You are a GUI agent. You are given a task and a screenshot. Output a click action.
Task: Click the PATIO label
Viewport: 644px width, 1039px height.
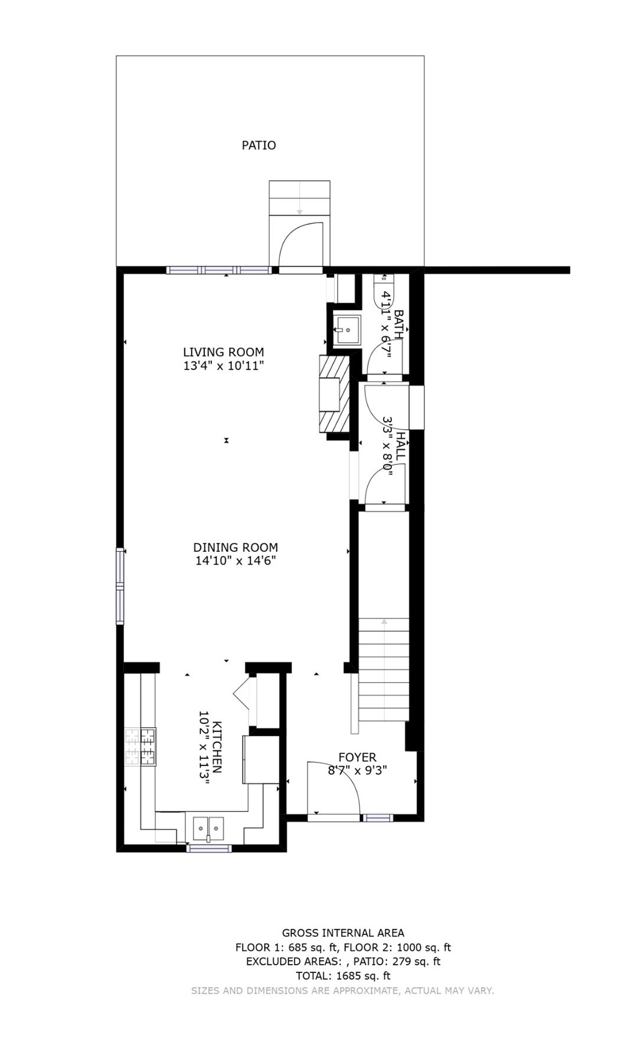259,145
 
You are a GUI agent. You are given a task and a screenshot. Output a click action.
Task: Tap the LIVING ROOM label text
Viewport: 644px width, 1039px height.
223,353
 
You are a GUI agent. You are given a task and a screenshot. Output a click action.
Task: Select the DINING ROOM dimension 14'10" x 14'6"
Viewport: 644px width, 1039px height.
236,561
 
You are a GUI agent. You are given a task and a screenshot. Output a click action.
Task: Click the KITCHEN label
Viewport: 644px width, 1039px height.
217,747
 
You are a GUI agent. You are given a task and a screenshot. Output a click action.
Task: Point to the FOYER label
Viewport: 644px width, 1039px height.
357,757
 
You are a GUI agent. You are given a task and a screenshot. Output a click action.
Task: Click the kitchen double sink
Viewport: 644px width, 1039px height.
208,828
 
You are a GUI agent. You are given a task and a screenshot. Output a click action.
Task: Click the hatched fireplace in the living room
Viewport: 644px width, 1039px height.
335,393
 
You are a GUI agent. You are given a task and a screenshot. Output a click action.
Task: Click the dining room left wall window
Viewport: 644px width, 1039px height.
120,586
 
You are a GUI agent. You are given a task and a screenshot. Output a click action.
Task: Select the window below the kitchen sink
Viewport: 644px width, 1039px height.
209,849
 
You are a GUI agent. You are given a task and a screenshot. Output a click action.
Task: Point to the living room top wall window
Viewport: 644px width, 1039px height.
219,271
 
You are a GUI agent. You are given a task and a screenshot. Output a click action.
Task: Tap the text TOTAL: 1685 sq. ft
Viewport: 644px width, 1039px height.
343,976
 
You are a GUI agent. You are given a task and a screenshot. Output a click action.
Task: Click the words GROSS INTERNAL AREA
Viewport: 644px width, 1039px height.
343,933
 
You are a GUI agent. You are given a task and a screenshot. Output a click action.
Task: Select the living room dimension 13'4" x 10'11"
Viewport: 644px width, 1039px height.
223,366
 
